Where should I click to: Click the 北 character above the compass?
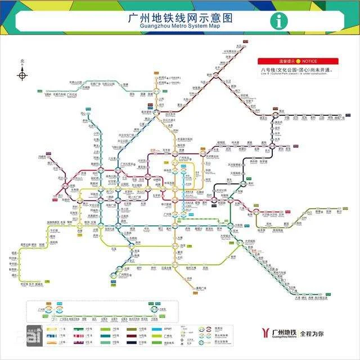[x=22, y=61]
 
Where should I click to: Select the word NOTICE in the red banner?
[x=309, y=61]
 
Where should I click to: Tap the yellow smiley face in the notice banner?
[x=299, y=61]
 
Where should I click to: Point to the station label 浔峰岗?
[x=42, y=156]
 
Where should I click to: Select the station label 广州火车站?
[x=129, y=164]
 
